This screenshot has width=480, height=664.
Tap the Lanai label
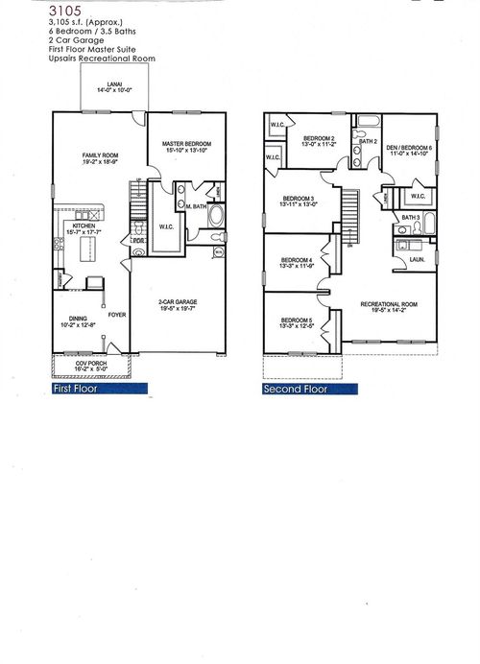pyautogui.click(x=107, y=85)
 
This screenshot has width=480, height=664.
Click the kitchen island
pyautogui.click(x=85, y=250)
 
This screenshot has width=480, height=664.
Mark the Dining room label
pyautogui.click(x=78, y=319)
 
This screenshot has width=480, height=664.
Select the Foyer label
pyautogui.click(x=116, y=314)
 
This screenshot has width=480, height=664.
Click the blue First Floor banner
pyautogui.click(x=99, y=390)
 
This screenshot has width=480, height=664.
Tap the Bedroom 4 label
pyautogui.click(x=296, y=261)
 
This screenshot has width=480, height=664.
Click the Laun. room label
pyautogui.click(x=418, y=259)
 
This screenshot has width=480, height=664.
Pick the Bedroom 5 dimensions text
pyautogui.click(x=296, y=327)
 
